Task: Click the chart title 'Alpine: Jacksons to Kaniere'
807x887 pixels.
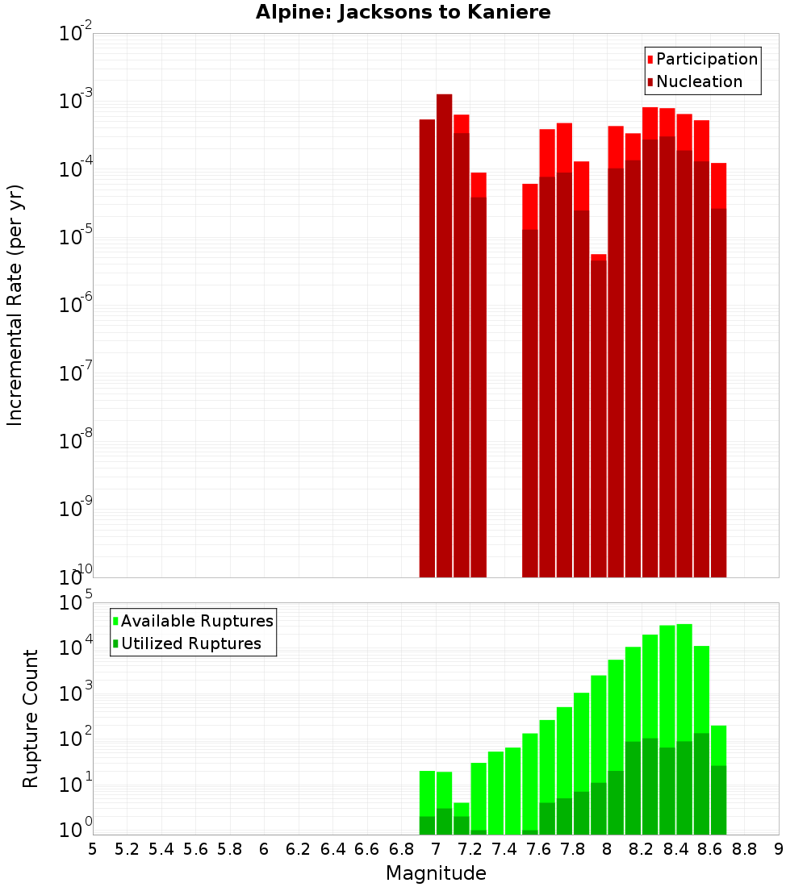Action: (x=403, y=13)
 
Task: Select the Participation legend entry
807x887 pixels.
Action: (x=702, y=59)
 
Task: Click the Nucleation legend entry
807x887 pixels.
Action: (x=694, y=81)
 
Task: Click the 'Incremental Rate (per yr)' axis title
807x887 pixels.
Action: (x=15, y=305)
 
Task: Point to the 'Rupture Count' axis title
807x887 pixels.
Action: (x=31, y=718)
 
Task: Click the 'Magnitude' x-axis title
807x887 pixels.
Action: (x=436, y=873)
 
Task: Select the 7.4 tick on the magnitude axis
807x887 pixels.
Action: (x=504, y=848)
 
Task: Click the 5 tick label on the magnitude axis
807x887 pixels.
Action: (x=93, y=848)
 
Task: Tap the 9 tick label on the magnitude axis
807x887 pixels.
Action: (x=779, y=848)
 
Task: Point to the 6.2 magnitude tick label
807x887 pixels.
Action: (x=299, y=848)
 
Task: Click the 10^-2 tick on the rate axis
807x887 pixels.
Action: (x=76, y=34)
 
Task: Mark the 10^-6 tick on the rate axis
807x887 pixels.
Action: (x=76, y=306)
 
